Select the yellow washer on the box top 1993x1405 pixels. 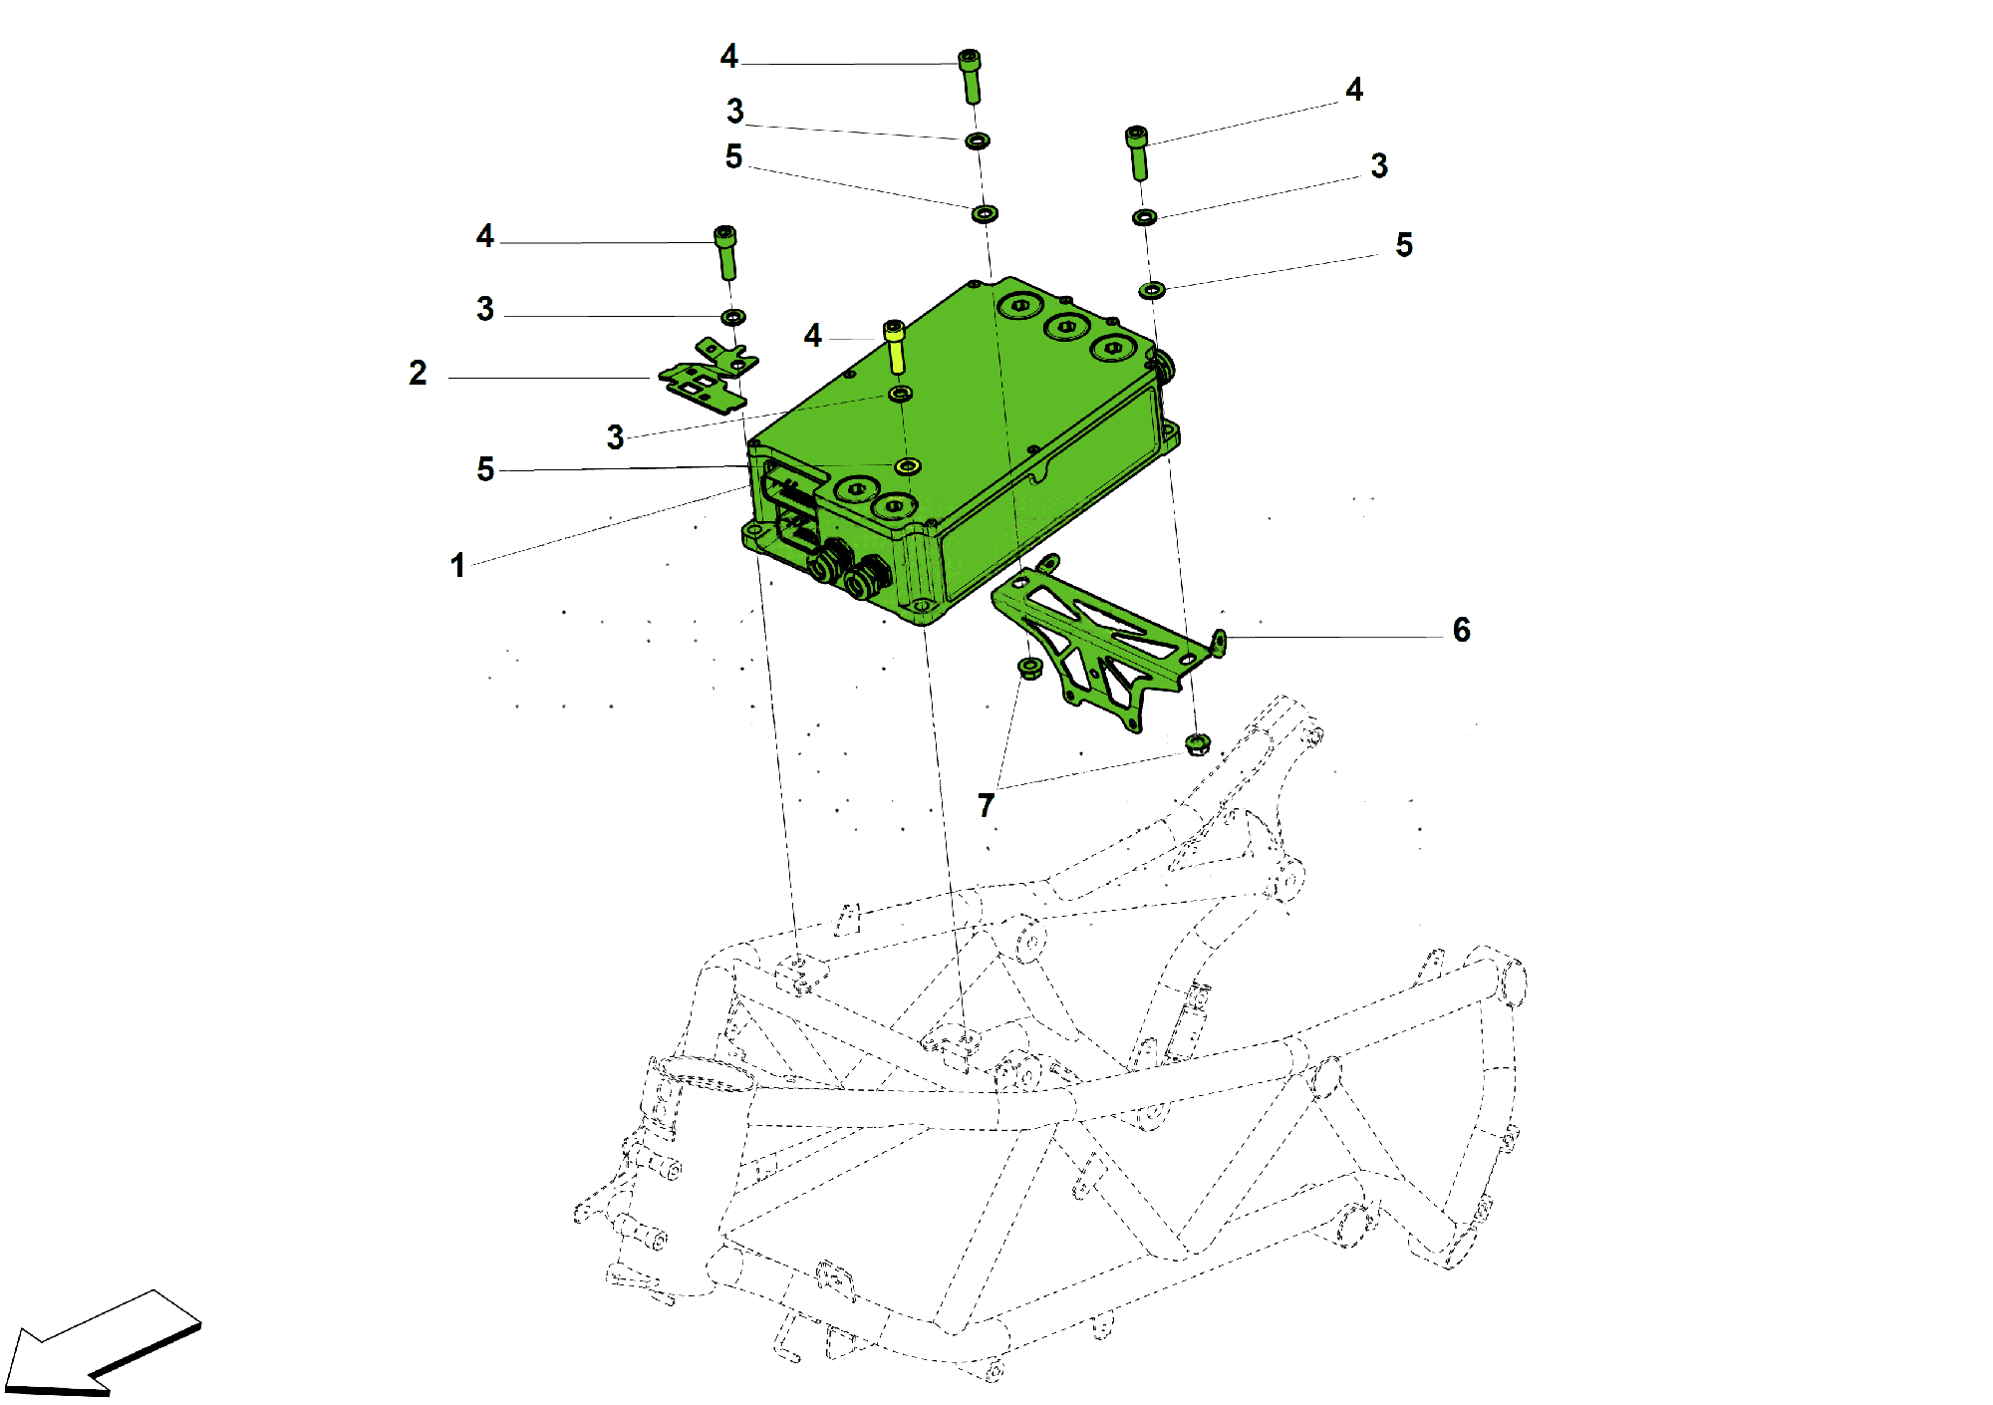(907, 465)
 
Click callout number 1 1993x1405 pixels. (457, 565)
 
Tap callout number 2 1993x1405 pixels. (418, 373)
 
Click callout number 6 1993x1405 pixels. (1461, 630)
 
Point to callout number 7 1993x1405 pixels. (986, 805)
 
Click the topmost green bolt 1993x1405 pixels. (970, 76)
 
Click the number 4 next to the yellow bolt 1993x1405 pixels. (813, 336)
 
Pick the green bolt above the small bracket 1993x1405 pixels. (726, 252)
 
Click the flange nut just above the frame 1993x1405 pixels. (1198, 743)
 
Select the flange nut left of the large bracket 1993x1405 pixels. (1029, 667)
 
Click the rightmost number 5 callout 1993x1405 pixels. (1404, 245)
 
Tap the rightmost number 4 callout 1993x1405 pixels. (1354, 90)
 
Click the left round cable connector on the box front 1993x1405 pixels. (826, 564)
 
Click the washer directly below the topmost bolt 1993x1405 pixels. (978, 140)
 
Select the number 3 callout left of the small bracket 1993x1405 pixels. (485, 309)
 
